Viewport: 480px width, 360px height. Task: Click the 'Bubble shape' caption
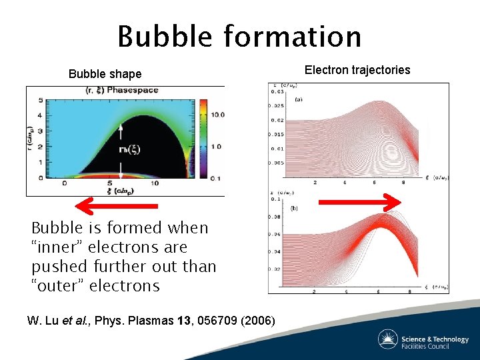105,74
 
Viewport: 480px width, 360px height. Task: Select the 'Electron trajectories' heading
357,70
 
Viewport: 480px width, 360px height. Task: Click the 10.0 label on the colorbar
216,115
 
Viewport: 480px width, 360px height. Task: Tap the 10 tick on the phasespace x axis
155,183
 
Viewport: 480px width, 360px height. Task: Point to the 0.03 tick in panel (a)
276,92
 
